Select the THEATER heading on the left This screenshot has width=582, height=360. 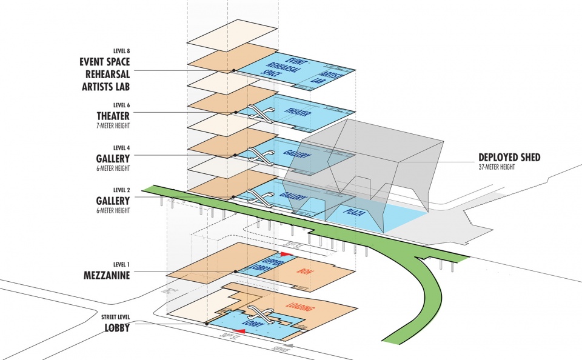[x=113, y=115]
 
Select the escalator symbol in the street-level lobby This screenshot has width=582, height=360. [x=259, y=313]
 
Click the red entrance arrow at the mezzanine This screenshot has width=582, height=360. [x=283, y=254]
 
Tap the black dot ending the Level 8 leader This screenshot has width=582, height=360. [x=234, y=70]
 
